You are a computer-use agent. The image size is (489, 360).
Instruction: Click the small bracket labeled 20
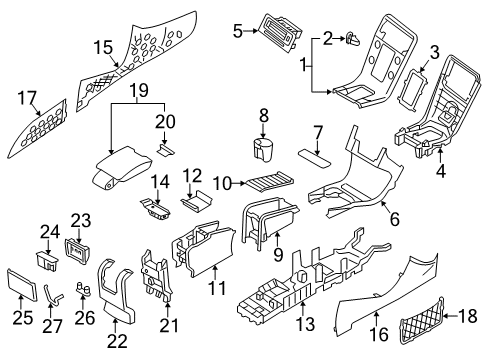169,151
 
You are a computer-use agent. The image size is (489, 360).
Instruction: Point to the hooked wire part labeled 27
55,293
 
